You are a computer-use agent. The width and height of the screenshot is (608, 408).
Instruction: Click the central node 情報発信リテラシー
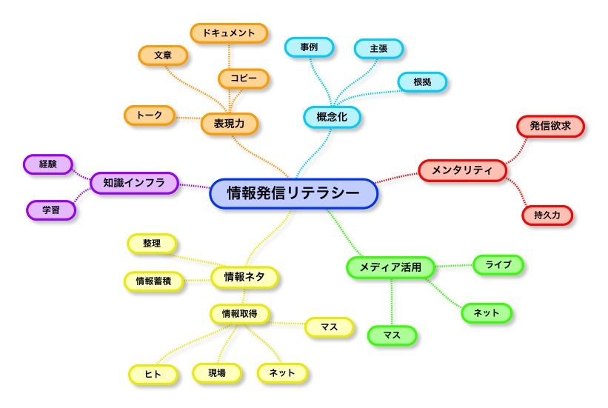coord(293,194)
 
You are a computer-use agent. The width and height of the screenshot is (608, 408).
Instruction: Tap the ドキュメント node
coord(228,33)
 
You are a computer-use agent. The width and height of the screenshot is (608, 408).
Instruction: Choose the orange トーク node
coord(150,115)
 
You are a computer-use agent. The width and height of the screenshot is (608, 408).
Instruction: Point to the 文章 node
coord(163,56)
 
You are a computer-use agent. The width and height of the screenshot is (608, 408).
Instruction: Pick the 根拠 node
coord(422,82)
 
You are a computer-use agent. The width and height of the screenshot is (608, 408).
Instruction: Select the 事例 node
coord(310,47)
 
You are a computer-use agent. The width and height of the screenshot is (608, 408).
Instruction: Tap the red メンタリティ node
coord(462,170)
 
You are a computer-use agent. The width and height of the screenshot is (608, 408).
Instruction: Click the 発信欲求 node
coord(549,126)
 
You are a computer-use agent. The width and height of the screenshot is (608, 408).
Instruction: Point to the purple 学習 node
coord(51,210)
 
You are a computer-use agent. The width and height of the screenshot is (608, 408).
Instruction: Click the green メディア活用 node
coord(390,267)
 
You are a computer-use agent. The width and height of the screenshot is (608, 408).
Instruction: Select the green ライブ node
coord(498,264)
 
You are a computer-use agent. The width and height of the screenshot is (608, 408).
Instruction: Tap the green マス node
coord(392,335)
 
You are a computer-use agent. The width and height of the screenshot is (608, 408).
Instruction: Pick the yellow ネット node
coord(281,373)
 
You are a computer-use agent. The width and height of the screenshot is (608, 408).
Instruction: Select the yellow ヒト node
coord(153,375)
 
